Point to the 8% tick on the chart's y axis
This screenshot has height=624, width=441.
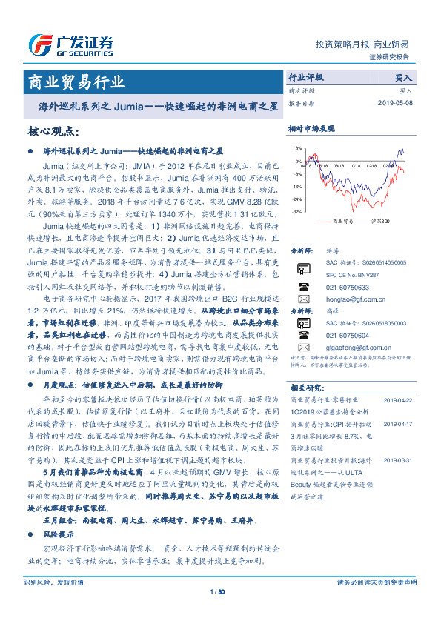tap(297, 148)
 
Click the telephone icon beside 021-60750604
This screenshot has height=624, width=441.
tap(302, 335)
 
